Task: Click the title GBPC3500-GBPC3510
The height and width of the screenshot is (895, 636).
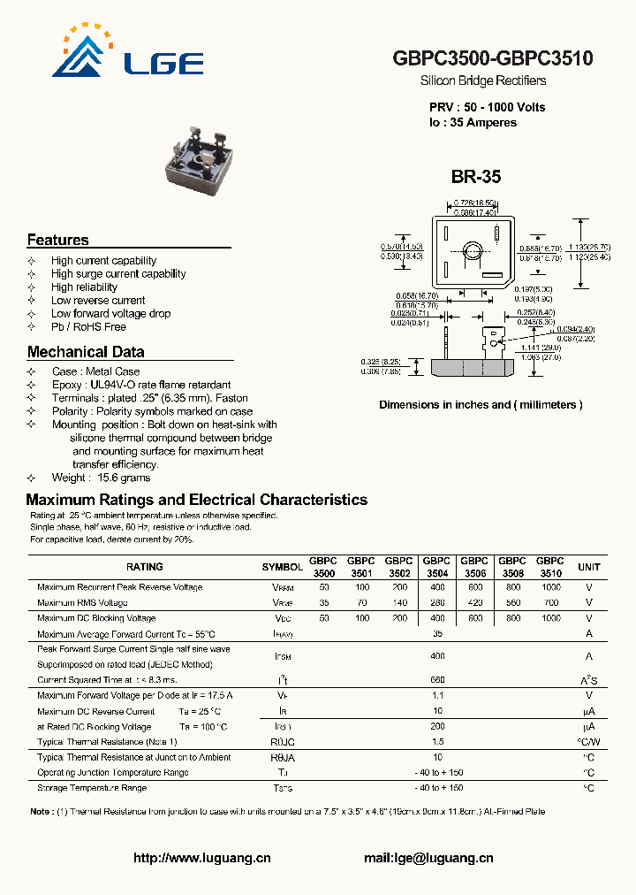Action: coord(492,58)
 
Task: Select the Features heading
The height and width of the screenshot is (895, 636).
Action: coord(57,240)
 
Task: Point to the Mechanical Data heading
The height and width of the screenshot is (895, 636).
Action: coord(86,351)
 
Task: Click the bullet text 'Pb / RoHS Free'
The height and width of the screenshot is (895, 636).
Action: coord(88,326)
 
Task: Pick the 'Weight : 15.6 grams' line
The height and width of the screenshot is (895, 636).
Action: coord(101,478)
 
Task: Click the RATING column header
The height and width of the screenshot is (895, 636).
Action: coord(144,567)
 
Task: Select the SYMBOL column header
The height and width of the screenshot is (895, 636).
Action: coord(282,567)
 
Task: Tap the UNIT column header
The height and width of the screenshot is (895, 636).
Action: coord(588,567)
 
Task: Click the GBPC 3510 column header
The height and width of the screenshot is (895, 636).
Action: coord(550,567)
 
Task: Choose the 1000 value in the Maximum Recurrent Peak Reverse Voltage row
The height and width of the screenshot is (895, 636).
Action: coord(550,587)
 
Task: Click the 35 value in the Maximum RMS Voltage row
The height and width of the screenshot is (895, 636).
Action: coord(324,602)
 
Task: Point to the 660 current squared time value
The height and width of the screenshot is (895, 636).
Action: coord(437,679)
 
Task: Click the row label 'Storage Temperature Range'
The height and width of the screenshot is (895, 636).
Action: coord(92,788)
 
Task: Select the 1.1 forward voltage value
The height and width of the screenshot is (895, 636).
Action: coord(437,695)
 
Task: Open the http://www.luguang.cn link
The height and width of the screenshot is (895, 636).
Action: coord(201,858)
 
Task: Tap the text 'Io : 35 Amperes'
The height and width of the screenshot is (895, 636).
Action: coord(473,123)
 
